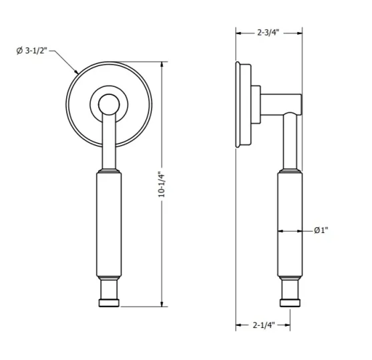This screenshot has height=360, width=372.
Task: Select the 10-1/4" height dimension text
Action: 160,184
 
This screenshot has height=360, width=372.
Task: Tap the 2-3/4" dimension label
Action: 268,31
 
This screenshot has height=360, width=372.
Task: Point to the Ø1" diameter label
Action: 321,230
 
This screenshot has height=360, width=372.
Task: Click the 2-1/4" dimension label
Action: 262,326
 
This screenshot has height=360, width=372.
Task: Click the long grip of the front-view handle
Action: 109,224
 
